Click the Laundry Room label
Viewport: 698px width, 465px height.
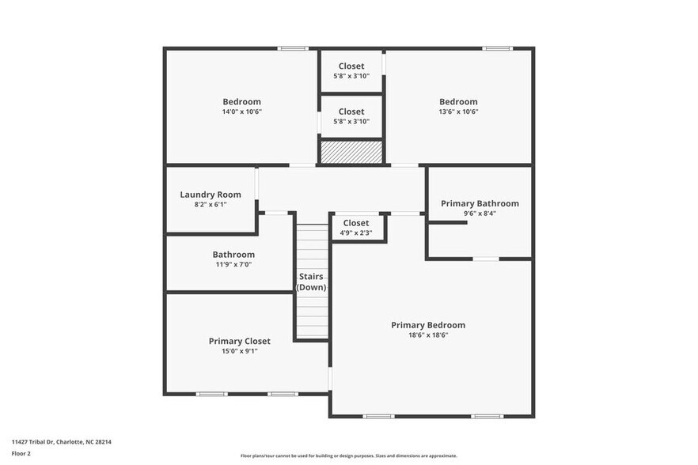[x=211, y=195]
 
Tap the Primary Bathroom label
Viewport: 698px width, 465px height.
[x=480, y=203]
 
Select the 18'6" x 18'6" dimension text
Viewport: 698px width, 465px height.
[x=428, y=335]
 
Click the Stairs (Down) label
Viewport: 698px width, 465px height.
[x=311, y=282]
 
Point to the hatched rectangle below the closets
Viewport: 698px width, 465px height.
[x=351, y=152]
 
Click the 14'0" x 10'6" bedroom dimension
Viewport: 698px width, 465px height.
[x=241, y=112]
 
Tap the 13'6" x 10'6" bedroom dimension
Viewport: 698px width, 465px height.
[x=458, y=112]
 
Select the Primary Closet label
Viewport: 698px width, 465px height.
[x=239, y=341]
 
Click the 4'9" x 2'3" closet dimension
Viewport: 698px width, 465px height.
[x=356, y=232]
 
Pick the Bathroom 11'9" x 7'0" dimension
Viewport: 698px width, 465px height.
[x=233, y=264]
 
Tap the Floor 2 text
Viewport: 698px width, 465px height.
[x=21, y=454]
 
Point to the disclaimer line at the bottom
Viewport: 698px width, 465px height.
[x=349, y=456]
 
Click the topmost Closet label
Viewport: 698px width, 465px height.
[x=351, y=66]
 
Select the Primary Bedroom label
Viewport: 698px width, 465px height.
[x=428, y=325]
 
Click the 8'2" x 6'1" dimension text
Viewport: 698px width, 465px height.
[x=211, y=204]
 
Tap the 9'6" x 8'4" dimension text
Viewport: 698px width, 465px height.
[x=480, y=213]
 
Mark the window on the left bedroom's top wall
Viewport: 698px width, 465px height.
[x=292, y=49]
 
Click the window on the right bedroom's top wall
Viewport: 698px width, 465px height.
[x=498, y=49]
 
